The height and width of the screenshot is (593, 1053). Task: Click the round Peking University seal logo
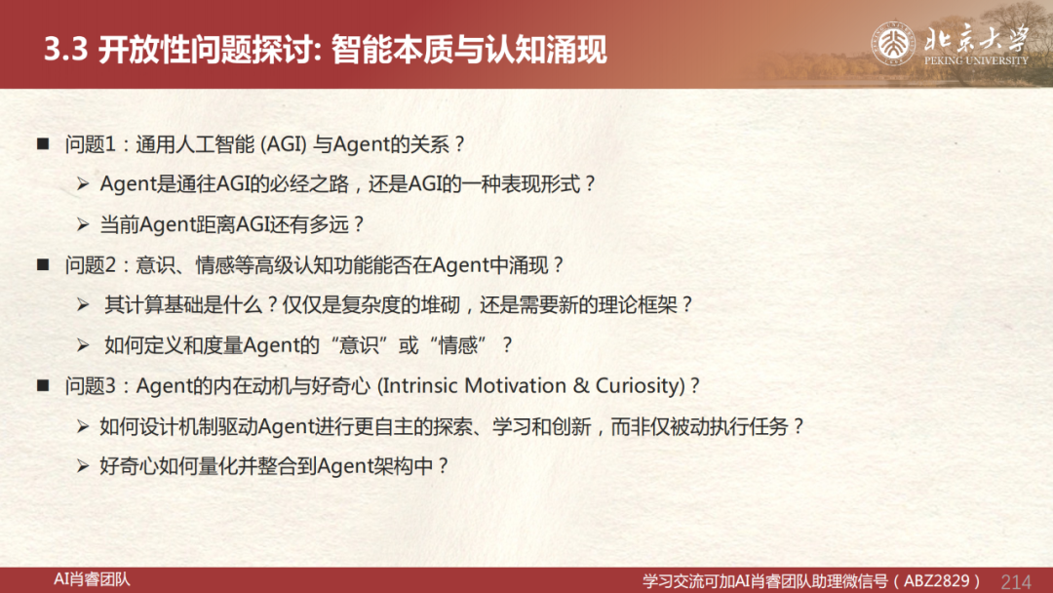tap(893, 44)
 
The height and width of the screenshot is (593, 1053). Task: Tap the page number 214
tap(1015, 581)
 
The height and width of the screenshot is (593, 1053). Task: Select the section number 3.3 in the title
tap(66, 50)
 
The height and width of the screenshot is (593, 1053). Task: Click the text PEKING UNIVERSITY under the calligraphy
tap(976, 60)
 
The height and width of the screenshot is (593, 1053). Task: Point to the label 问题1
tap(91, 143)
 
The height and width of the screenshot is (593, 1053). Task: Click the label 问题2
tap(91, 264)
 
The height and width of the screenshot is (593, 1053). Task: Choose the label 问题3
tap(91, 385)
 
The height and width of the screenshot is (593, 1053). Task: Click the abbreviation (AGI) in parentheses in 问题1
tap(284, 143)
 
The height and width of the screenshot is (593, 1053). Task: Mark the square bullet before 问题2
tap(43, 264)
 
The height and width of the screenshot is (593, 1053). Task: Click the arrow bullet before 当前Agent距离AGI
tap(83, 224)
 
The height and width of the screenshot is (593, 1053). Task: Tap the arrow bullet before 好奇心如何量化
tap(83, 466)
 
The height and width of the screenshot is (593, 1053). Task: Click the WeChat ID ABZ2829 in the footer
tap(936, 581)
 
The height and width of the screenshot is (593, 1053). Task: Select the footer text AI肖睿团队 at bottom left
tap(92, 579)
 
